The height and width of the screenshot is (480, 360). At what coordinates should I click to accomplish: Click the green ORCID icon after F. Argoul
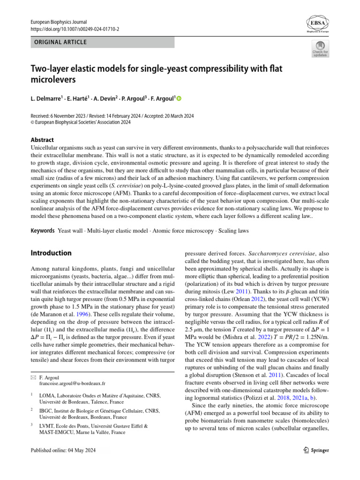[178, 98]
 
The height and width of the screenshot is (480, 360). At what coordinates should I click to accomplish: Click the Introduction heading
[51, 253]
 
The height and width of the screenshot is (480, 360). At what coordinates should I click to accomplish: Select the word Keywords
[43, 231]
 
